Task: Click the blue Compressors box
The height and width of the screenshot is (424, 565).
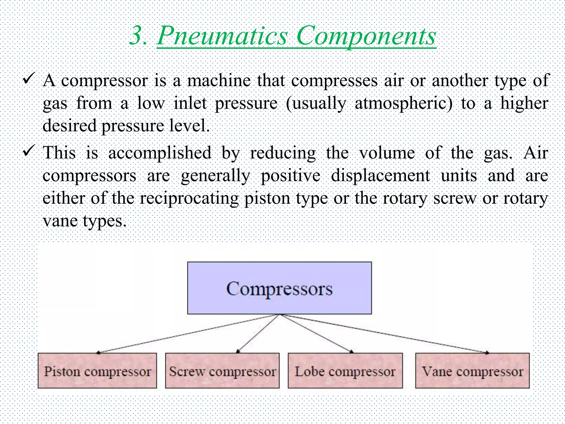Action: pyautogui.click(x=279, y=288)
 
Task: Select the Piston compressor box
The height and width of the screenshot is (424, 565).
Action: pyautogui.click(x=97, y=371)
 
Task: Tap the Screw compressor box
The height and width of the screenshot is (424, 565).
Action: pyautogui.click(x=222, y=371)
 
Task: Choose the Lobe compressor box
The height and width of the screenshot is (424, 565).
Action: pyautogui.click(x=345, y=371)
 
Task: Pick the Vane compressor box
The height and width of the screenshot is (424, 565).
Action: pyautogui.click(x=472, y=371)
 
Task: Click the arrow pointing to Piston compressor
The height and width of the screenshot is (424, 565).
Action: pyautogui.click(x=188, y=334)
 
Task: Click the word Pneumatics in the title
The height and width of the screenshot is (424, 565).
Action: pyautogui.click(x=222, y=36)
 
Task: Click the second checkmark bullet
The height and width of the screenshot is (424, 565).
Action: pyautogui.click(x=29, y=150)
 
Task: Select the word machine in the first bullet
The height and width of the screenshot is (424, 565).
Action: pyautogui.click(x=219, y=81)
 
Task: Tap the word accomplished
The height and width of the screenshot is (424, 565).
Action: pyautogui.click(x=160, y=153)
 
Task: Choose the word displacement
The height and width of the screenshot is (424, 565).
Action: pyautogui.click(x=380, y=176)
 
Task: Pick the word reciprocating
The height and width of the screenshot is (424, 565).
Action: pyautogui.click(x=189, y=198)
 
